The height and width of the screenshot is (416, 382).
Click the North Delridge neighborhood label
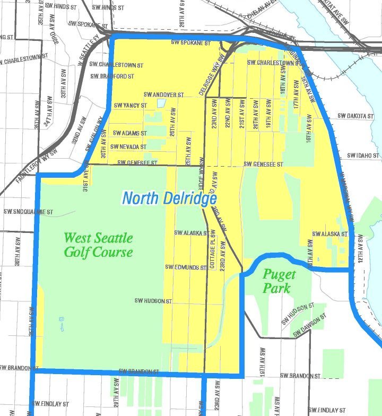point(169,199)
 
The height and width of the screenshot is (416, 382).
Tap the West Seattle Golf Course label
point(98,245)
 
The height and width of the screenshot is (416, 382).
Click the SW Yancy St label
point(131,106)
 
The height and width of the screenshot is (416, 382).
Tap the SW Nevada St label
point(129,146)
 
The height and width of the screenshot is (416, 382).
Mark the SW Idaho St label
point(364,155)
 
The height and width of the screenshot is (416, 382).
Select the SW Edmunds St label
point(186,267)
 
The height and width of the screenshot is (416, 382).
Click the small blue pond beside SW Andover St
point(161,103)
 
